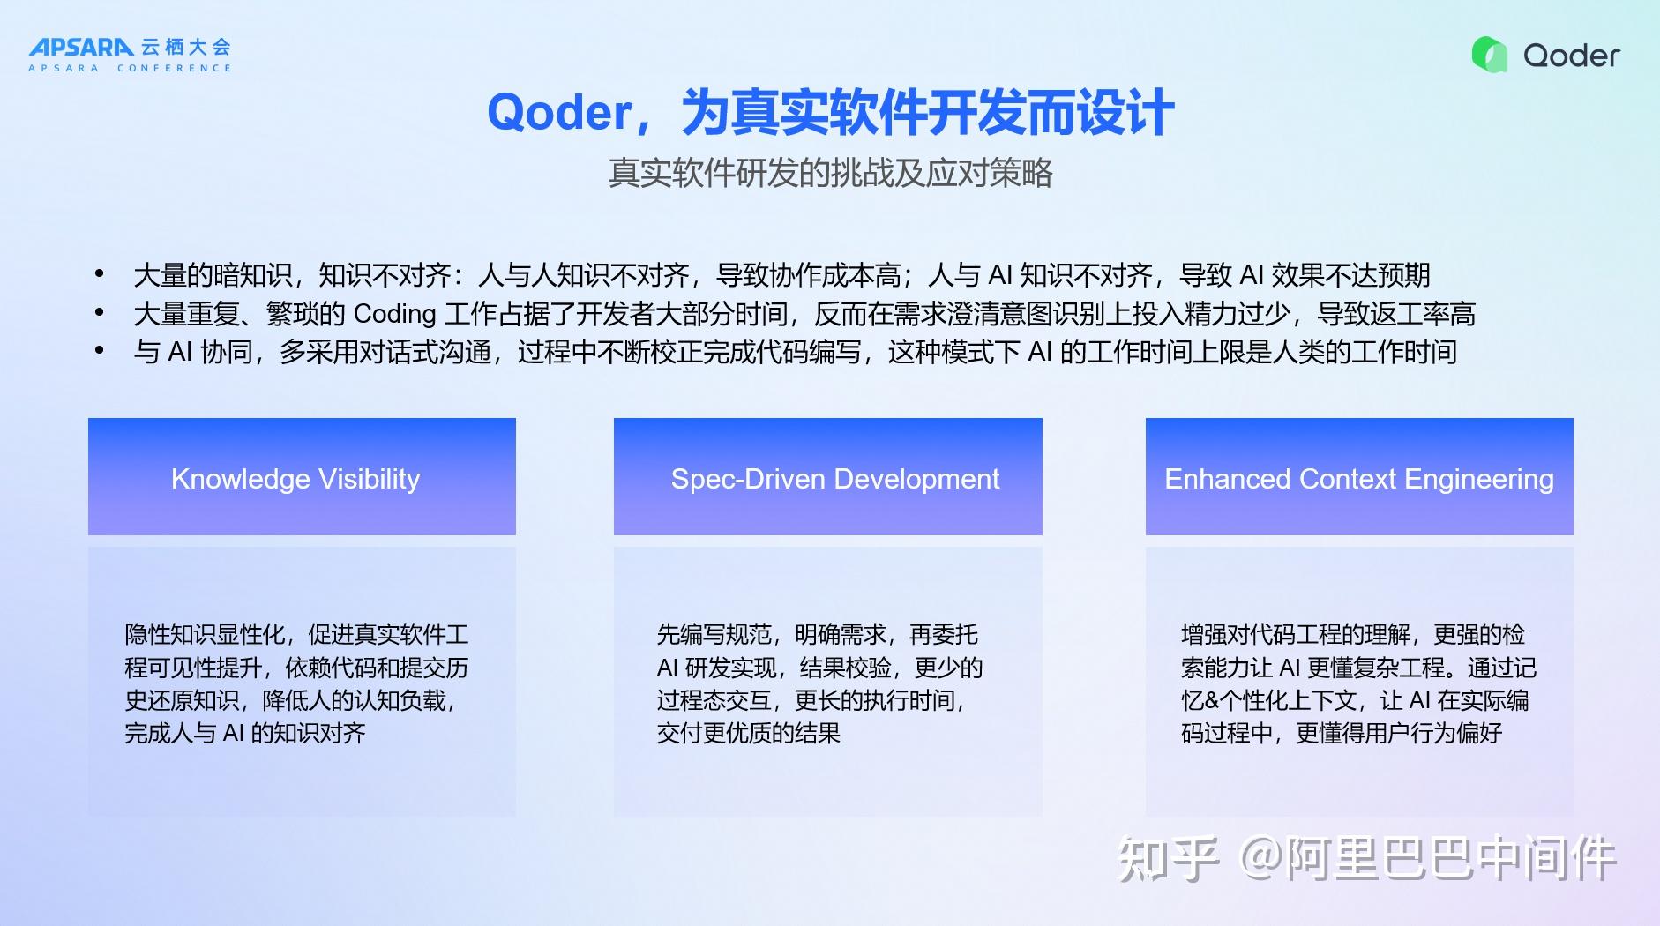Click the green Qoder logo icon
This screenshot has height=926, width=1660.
click(x=1490, y=55)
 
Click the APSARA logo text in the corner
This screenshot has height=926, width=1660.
click(x=81, y=47)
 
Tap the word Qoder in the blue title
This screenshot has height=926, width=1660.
click(x=559, y=113)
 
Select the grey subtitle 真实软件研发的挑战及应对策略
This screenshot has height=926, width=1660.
click(x=830, y=173)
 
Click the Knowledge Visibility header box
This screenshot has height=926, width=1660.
click(x=302, y=476)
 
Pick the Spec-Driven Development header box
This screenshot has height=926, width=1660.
click(x=827, y=476)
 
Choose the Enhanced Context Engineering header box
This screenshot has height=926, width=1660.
click(x=1359, y=476)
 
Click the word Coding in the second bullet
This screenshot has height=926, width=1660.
click(x=394, y=314)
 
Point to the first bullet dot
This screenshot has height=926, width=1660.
click(x=100, y=274)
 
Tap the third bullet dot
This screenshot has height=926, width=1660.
click(x=100, y=351)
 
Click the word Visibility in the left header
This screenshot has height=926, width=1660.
click(x=369, y=479)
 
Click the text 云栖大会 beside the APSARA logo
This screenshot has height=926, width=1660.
click(x=186, y=47)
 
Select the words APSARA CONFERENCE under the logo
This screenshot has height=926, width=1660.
click(x=130, y=68)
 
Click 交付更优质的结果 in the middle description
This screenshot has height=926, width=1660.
click(x=748, y=733)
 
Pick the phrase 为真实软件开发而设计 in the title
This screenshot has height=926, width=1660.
click(x=927, y=113)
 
